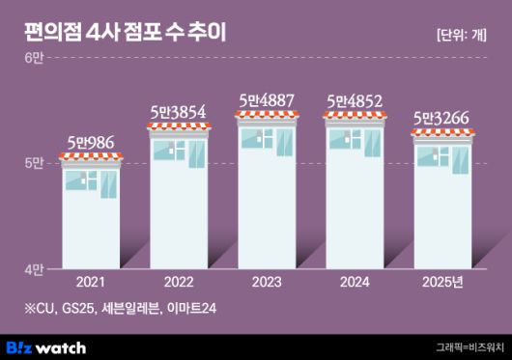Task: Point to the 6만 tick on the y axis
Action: click(34, 60)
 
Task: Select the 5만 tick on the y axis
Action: click(34, 163)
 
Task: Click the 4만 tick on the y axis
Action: click(34, 266)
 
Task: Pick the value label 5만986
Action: click(91, 144)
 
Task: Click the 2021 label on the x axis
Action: click(90, 283)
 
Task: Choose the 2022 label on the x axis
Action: click(179, 283)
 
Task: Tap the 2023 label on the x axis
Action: click(268, 283)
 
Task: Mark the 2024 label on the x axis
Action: click(356, 283)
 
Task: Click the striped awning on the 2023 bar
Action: click(268, 118)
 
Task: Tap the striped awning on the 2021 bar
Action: click(91, 160)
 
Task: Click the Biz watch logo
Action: click(46, 346)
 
